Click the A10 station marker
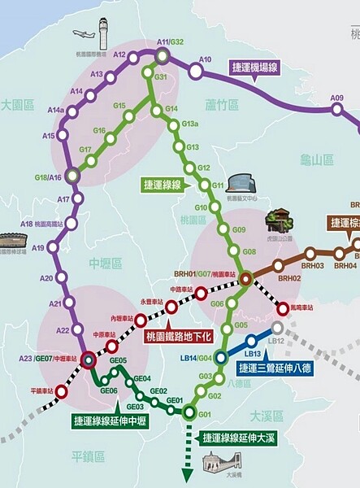tap(196, 71)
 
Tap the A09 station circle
tap(336, 110)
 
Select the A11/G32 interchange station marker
tap(163, 55)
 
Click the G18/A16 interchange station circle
tap(72, 175)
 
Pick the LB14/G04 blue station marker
tap(220, 356)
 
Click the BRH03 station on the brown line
tap(313, 255)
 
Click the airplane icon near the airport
tap(84, 34)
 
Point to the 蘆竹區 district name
tap(221, 105)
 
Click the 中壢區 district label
tap(105, 264)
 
